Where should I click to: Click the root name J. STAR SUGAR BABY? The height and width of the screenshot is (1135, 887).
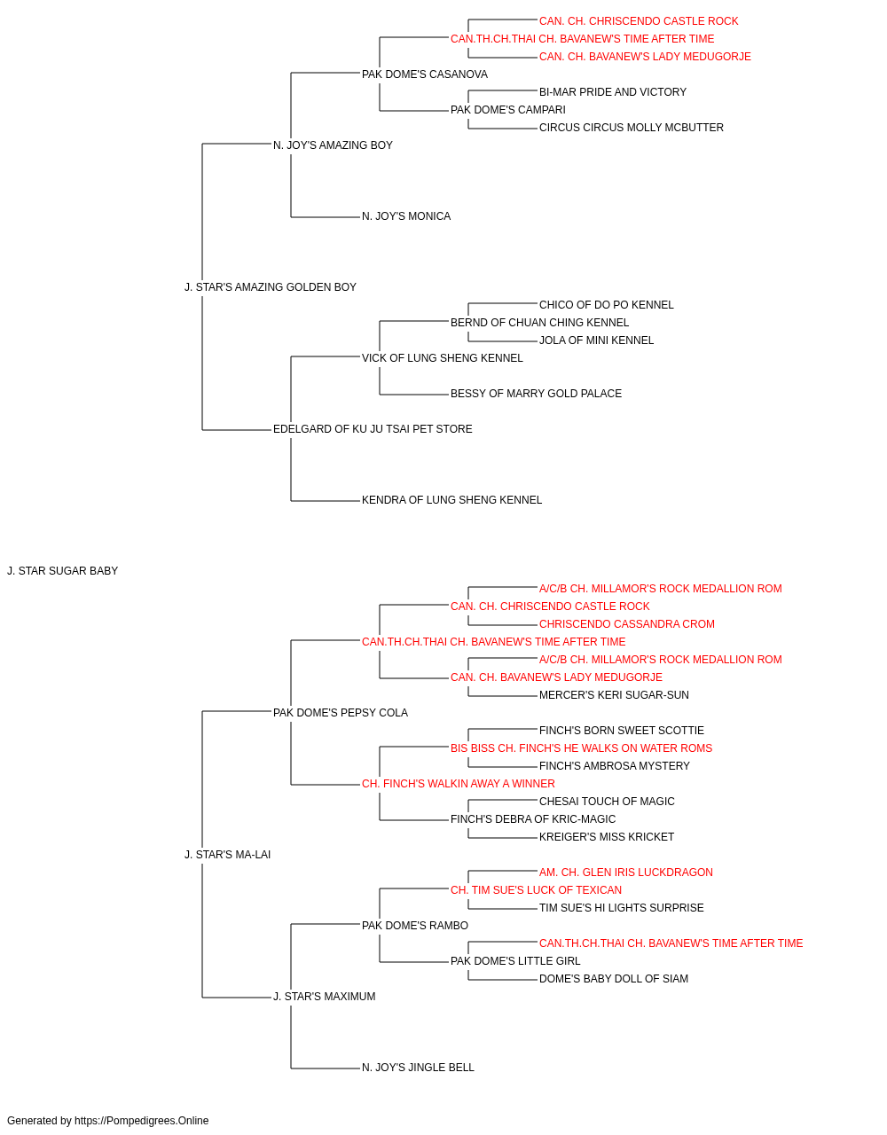point(63,571)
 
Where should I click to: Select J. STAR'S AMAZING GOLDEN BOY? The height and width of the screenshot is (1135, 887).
point(270,287)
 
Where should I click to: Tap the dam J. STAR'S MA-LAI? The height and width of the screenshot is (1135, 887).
point(227,855)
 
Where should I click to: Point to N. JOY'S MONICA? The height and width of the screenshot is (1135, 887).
point(406,216)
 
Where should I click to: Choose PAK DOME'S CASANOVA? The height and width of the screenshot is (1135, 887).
point(425,74)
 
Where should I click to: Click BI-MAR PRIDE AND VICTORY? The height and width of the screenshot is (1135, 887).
point(613,92)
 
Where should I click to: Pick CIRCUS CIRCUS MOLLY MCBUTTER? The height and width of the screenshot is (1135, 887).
point(631,128)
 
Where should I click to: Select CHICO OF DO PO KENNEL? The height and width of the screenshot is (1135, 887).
point(606,304)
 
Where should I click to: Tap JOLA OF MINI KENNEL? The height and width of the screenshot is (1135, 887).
point(596,340)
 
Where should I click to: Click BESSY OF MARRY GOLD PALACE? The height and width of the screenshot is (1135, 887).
point(536,394)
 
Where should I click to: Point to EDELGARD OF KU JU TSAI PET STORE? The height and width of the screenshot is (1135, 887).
point(373,429)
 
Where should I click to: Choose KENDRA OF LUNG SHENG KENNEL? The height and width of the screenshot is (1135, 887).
point(451,500)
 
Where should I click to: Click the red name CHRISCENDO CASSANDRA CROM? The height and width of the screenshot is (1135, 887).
point(627,624)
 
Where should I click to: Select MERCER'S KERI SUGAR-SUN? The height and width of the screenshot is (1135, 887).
point(614,695)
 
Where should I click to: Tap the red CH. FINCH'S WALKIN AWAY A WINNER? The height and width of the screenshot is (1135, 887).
point(458,784)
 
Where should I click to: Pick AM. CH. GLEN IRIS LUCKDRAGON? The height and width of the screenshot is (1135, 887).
point(626,873)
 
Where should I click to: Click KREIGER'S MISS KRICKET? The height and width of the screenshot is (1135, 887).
point(607,837)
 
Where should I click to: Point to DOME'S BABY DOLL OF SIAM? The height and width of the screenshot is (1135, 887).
point(613,979)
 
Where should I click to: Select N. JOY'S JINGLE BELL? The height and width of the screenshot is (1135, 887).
point(418,1068)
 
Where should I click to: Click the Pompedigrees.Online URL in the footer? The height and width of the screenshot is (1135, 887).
point(142,1121)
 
